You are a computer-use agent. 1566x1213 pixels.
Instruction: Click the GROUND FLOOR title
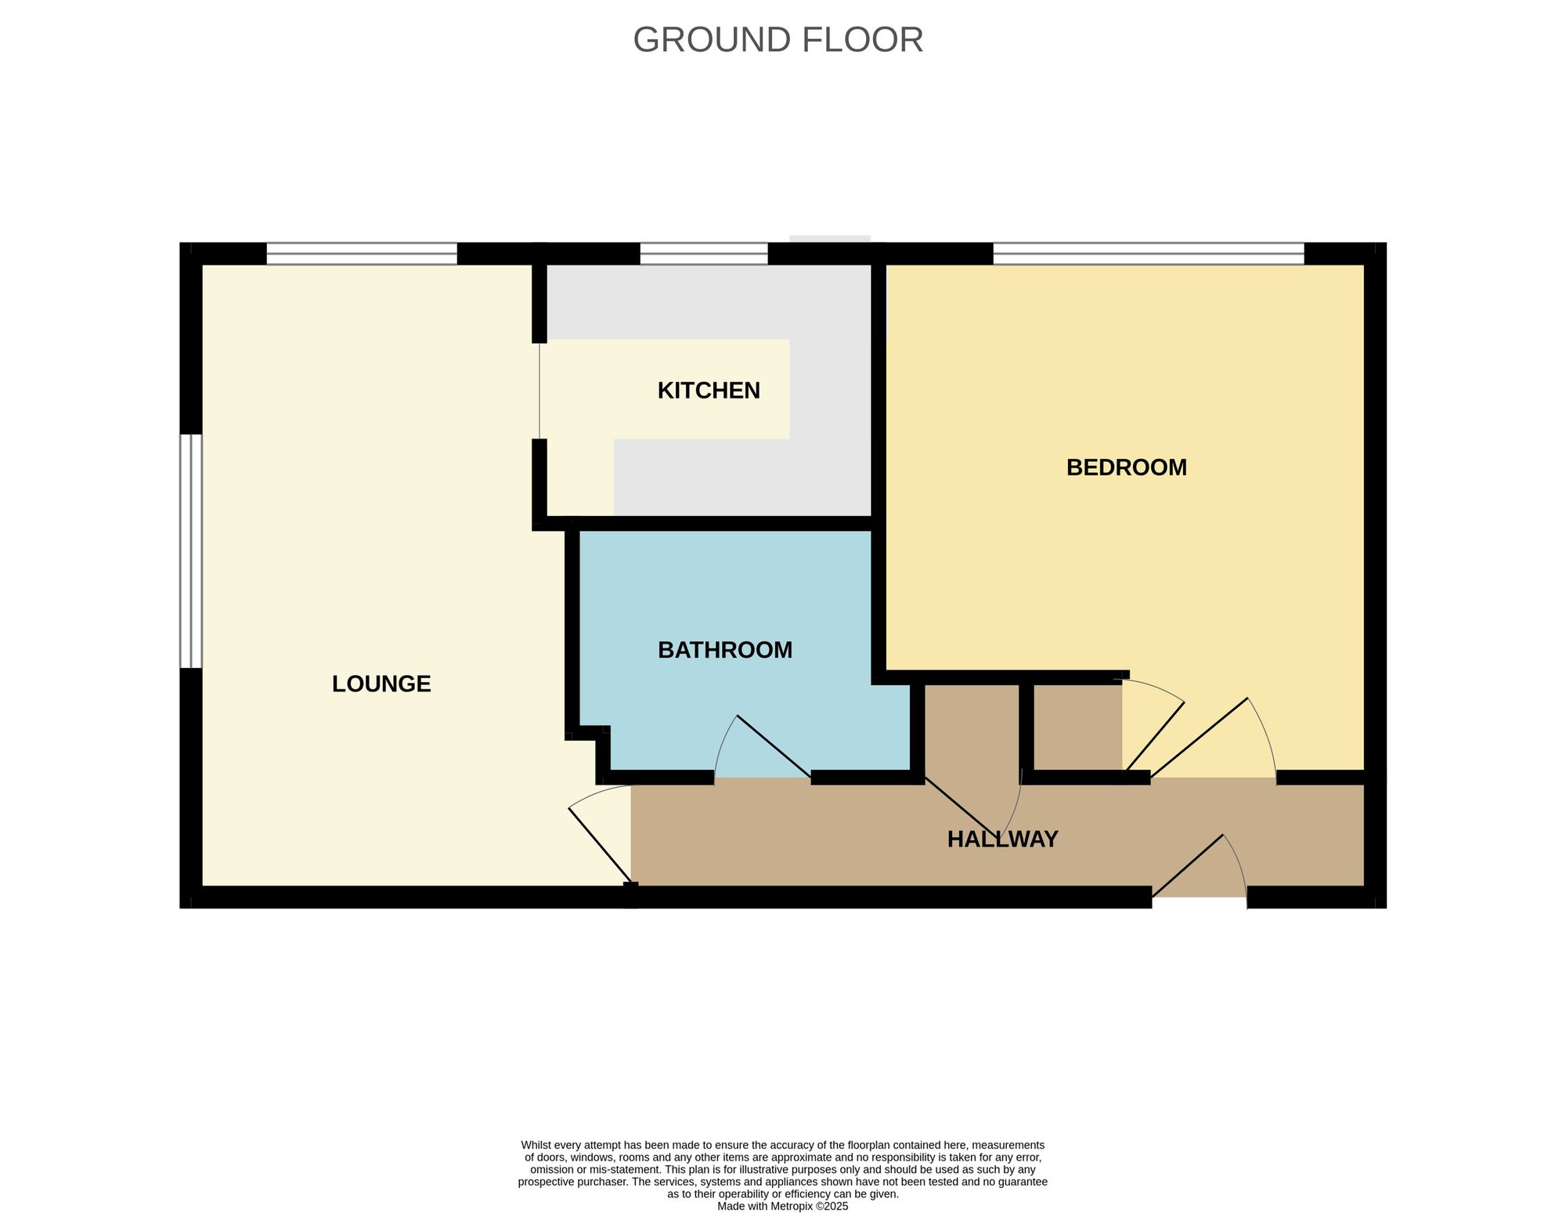pos(778,40)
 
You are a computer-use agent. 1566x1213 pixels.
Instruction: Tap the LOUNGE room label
pos(381,684)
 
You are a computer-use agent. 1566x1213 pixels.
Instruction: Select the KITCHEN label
pos(708,390)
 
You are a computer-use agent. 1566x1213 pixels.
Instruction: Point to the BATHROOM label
pos(724,650)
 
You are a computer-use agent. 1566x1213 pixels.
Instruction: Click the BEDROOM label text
pos(1126,468)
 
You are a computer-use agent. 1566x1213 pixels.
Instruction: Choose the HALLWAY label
pos(1002,839)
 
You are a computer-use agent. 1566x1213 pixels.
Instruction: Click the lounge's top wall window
pos(362,254)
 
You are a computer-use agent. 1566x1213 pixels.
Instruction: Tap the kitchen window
pos(704,254)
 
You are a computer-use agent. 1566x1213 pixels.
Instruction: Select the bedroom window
pos(1148,254)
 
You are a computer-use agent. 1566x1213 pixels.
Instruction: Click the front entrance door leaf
pos(1188,865)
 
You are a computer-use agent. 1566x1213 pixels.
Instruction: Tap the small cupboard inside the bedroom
pos(1077,728)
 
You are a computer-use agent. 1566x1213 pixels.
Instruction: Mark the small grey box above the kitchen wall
pos(830,239)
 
